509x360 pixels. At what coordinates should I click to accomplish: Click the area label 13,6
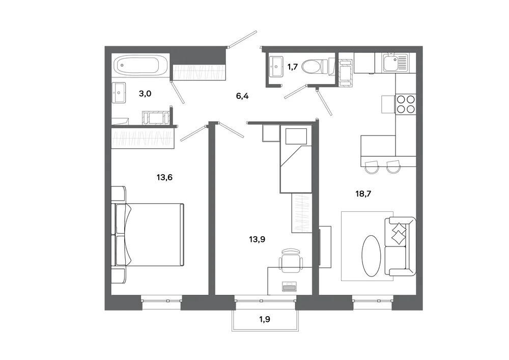(x=164, y=178)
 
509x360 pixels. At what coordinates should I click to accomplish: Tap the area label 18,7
(x=363, y=194)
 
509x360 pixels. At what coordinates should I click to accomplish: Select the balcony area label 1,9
(x=265, y=319)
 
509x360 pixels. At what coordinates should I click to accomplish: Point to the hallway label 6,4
(x=242, y=96)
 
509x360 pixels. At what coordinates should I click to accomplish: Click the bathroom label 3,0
(x=145, y=94)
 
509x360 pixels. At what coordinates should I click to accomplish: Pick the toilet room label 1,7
(x=293, y=68)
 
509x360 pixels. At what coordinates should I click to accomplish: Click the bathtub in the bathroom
(x=140, y=65)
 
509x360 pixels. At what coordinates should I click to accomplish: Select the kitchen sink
(x=395, y=63)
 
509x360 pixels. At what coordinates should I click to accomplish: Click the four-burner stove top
(x=406, y=104)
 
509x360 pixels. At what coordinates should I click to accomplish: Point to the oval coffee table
(x=371, y=256)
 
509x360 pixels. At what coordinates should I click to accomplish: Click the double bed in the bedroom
(x=148, y=235)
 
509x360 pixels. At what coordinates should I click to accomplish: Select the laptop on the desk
(x=289, y=287)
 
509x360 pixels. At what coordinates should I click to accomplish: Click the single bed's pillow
(x=296, y=136)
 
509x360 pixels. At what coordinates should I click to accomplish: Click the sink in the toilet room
(x=276, y=67)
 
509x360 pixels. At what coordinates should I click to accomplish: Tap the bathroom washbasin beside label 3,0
(x=119, y=93)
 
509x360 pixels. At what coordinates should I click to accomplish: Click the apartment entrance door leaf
(x=242, y=39)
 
